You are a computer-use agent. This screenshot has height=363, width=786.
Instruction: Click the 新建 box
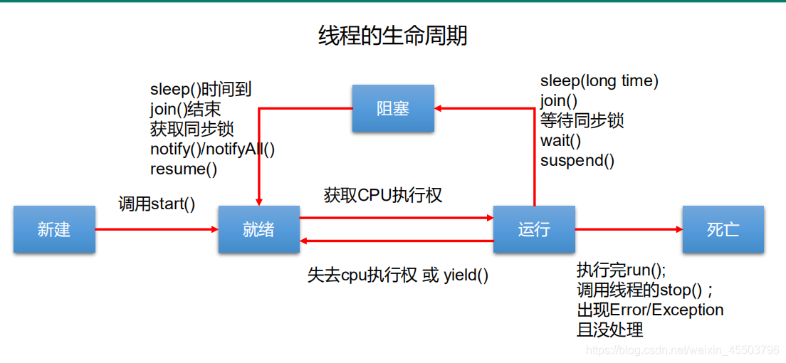[54, 229]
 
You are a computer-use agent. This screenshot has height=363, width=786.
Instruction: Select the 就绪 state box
[258, 229]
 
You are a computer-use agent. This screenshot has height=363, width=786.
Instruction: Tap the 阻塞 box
[393, 108]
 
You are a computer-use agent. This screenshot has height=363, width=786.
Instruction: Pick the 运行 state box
[534, 229]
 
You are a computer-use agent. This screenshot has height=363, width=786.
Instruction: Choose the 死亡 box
[723, 229]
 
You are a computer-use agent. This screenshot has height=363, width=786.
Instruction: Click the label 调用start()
[157, 204]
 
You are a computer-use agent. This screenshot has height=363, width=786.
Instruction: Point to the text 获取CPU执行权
[383, 195]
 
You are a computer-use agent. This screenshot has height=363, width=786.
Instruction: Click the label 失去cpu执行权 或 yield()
[398, 275]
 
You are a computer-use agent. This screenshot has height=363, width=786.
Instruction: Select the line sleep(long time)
[599, 81]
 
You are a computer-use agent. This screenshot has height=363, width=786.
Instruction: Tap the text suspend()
[577, 160]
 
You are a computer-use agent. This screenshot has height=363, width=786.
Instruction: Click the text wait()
[561, 140]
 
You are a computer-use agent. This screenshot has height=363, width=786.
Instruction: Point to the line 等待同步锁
[582, 120]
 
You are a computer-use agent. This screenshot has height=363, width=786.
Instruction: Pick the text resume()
[184, 169]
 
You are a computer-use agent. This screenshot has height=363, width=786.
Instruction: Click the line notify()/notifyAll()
[212, 149]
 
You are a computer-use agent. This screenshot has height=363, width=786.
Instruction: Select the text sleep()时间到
[201, 90]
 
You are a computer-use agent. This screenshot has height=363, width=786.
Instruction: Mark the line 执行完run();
[621, 270]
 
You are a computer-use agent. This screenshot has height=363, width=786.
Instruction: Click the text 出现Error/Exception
[650, 310]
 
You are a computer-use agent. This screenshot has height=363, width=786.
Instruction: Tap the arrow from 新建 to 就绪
[157, 229]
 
